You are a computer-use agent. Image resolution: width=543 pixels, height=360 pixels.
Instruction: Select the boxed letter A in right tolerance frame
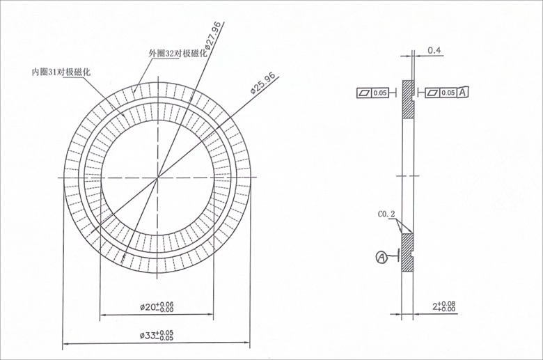pyautogui.click(x=463, y=92)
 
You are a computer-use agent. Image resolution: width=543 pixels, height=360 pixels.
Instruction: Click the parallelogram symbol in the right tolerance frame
pyautogui.click(x=432, y=92)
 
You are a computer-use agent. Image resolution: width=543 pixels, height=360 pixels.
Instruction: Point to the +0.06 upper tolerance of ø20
pyautogui.click(x=166, y=304)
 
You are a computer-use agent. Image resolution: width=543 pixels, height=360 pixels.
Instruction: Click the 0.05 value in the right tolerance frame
pyautogui.click(x=448, y=92)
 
